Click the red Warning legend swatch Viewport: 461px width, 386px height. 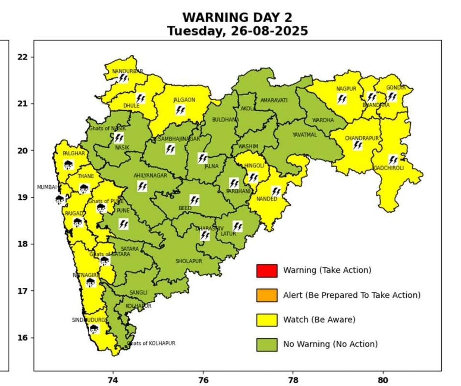267,271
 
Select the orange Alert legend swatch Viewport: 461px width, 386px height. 267,295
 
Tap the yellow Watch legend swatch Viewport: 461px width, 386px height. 267,320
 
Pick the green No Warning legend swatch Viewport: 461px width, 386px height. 267,344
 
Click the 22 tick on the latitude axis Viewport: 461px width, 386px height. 23,57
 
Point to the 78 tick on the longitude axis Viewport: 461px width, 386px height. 293,380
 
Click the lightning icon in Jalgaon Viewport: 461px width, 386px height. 180,110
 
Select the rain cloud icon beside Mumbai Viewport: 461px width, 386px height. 60,199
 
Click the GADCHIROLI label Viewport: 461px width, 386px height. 388,168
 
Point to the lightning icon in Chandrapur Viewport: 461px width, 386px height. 357,145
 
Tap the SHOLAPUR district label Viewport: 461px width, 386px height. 189,261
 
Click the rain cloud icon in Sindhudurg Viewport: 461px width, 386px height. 94,329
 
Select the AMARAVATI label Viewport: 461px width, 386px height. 274,100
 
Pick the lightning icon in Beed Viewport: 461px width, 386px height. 194,200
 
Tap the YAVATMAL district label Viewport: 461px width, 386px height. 305,135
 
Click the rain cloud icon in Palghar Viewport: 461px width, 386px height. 68,165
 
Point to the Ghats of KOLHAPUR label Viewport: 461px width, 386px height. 151,343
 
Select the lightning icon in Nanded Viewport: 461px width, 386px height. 276,191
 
